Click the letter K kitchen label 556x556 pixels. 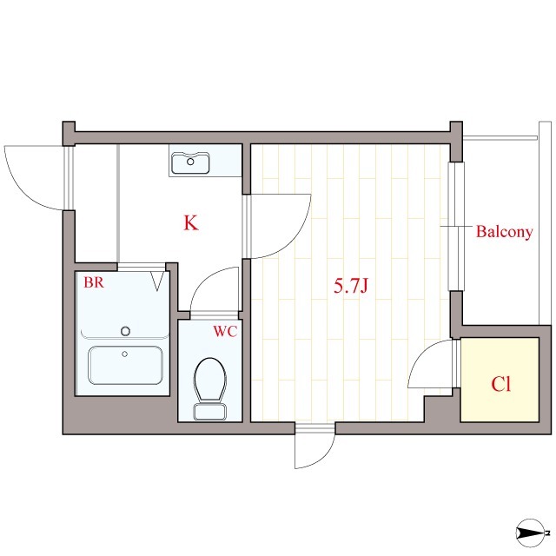tap(191, 222)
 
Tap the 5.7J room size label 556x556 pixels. tap(353, 286)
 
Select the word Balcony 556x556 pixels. tap(504, 232)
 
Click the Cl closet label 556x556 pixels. tap(500, 384)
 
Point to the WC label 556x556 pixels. tap(225, 331)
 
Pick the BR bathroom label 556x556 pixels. tap(94, 282)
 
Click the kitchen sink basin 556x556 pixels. tap(191, 162)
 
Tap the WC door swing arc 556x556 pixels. tap(212, 290)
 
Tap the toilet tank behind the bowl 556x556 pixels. tap(208, 411)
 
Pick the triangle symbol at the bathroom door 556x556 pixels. tap(158, 281)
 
